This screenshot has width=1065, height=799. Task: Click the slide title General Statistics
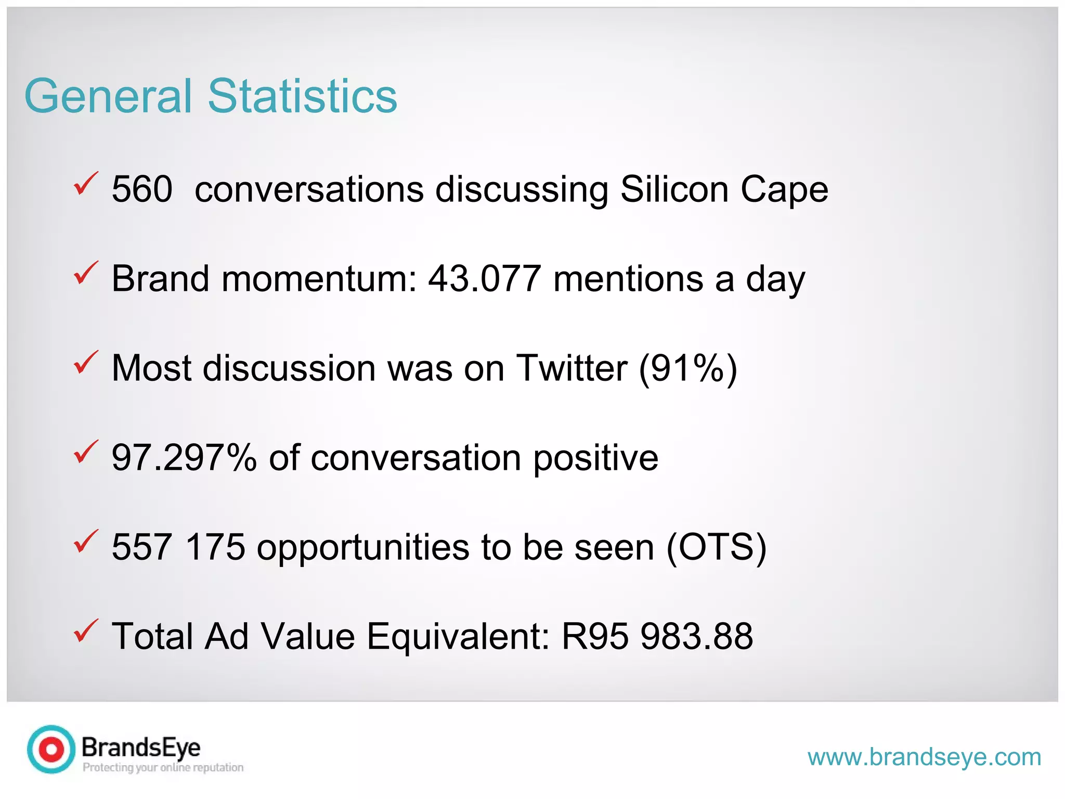[211, 96]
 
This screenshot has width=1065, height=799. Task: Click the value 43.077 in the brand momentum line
[484, 279]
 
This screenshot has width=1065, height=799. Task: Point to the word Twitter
[572, 368]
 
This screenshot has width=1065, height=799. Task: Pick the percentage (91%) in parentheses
[688, 368]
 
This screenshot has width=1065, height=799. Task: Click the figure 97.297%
[184, 458]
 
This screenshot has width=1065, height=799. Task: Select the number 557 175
[178, 547]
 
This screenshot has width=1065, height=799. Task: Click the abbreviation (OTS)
[716, 547]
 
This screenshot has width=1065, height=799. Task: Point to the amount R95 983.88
[657, 636]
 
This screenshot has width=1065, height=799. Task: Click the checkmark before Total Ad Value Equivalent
[86, 630]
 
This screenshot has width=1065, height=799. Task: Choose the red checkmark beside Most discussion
[86, 363]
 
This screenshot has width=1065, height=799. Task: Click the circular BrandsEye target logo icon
[51, 750]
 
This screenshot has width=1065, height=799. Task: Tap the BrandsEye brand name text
[141, 748]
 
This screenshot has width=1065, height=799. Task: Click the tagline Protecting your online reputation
[163, 767]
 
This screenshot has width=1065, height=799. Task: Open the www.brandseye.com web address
[924, 757]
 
